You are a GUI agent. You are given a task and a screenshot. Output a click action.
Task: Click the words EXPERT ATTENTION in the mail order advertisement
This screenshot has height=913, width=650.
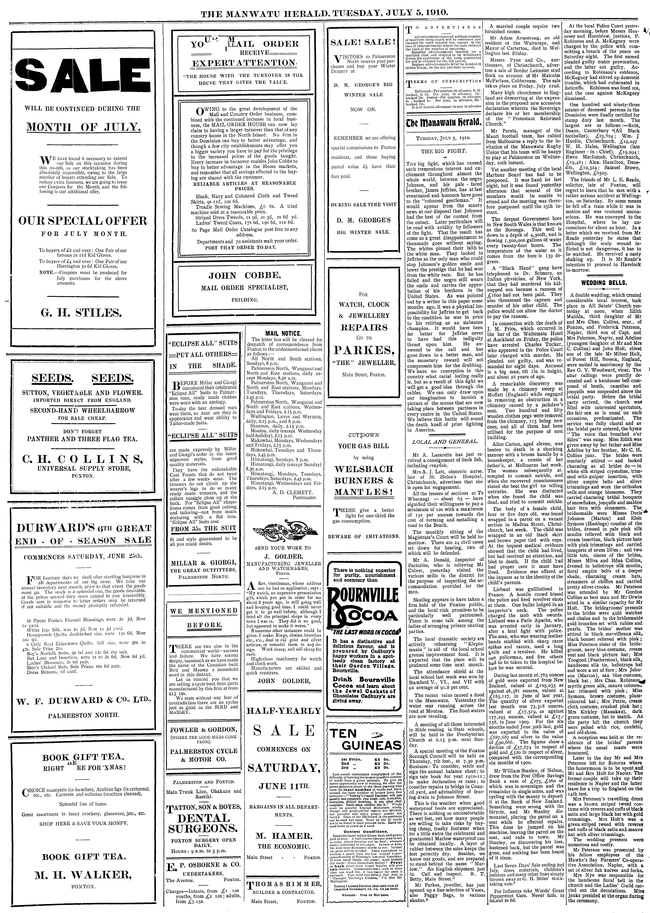[x=244, y=63]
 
